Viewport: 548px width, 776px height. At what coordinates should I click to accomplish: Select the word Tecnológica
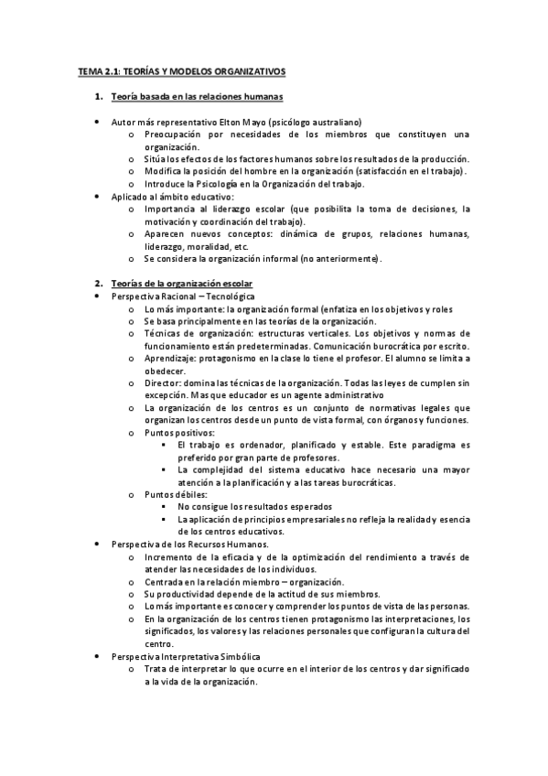[229, 297]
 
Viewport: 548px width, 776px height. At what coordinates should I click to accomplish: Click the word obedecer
[164, 371]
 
